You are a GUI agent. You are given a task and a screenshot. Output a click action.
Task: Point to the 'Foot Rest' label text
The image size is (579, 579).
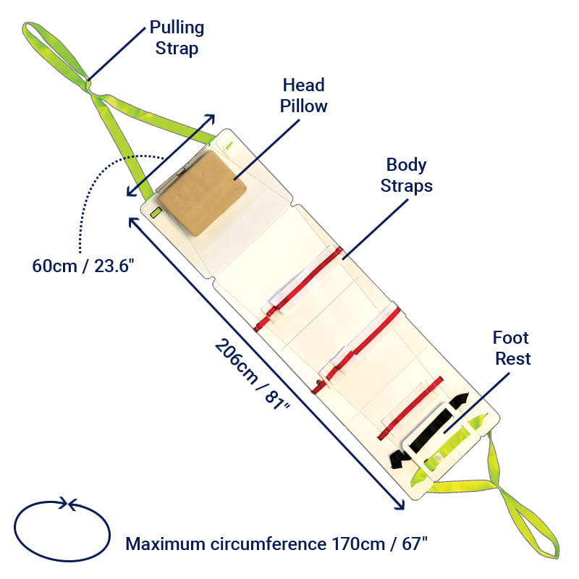[511, 347]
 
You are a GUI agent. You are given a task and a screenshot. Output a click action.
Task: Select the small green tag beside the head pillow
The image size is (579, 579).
[154, 213]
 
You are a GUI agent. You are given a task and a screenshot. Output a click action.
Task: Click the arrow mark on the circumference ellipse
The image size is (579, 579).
[66, 502]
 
